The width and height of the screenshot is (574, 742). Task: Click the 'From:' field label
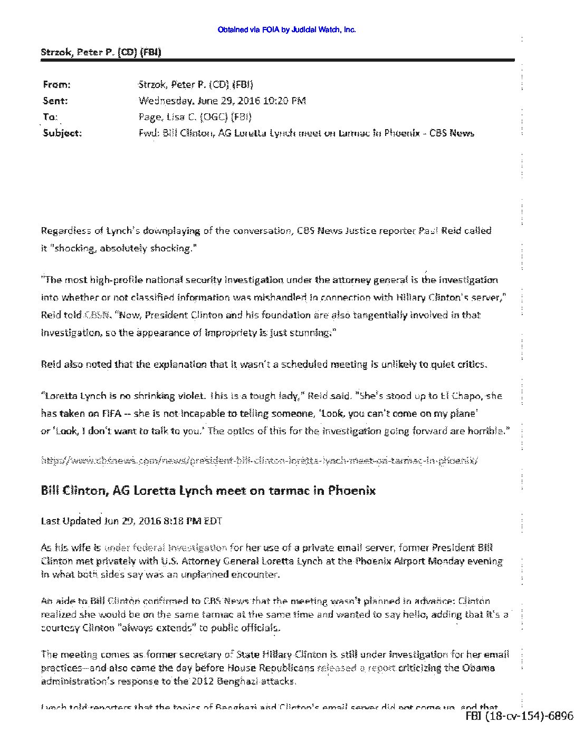pyautogui.click(x=55, y=84)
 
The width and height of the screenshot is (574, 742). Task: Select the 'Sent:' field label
pyautogui.click(x=55, y=101)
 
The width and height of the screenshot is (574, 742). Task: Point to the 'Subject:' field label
pyautogui.click(x=62, y=133)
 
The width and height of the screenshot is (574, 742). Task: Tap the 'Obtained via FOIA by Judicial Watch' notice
pyautogui.click(x=286, y=30)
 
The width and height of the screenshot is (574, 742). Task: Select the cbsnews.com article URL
pyautogui.click(x=259, y=460)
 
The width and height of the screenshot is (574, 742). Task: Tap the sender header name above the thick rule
pyautogui.click(x=101, y=52)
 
